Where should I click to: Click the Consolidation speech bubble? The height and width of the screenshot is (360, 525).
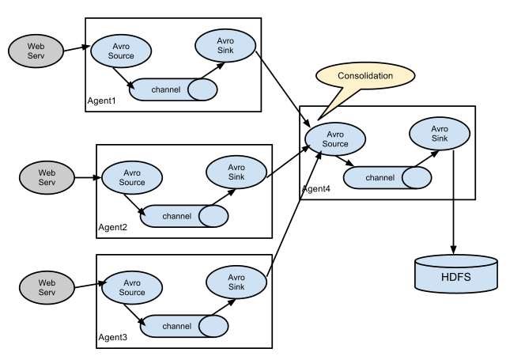coord(365,76)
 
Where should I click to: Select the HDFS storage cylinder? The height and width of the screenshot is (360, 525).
coord(456,274)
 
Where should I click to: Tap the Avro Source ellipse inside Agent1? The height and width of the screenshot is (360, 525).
coord(121,51)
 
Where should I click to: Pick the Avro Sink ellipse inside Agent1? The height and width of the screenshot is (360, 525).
coord(225,46)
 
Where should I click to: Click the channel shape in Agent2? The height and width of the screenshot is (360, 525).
coord(184,216)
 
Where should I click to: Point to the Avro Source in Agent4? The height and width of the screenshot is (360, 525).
coord(335,138)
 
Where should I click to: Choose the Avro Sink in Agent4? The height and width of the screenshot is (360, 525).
coord(440,134)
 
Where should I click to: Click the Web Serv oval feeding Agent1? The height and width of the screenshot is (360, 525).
coord(36,51)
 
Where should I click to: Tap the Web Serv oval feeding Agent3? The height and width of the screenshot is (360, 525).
coord(47,287)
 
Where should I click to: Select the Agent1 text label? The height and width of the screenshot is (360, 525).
coord(101,100)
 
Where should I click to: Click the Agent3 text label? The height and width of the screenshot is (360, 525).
coord(113,337)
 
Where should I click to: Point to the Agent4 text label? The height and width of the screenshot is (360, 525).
coord(316,189)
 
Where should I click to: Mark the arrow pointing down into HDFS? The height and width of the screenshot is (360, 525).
coord(453,203)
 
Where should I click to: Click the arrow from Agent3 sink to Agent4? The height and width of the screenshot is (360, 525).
coord(294,214)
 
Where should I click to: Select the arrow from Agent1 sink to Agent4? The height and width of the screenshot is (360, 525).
coord(283,89)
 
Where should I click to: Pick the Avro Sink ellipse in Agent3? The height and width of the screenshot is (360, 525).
coord(236,282)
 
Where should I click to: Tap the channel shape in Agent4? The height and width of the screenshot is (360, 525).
coord(387,178)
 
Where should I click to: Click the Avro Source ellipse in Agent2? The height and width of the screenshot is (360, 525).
coord(132,178)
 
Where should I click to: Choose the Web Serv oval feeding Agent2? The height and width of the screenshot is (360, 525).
coord(47,178)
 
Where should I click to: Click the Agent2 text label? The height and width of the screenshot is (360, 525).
coord(113,227)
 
